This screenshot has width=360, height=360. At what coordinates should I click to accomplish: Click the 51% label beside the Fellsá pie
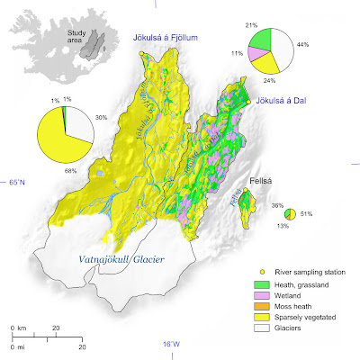click(x=307, y=214)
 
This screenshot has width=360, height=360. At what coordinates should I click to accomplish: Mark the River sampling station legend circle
click(x=262, y=270)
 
